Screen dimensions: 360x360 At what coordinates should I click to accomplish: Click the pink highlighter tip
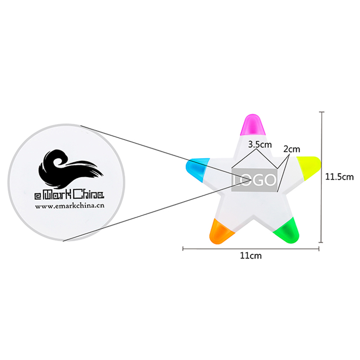tap(252, 125)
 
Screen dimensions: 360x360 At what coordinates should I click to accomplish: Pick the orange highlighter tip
tap(221, 232)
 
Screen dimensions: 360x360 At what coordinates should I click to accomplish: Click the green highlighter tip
tap(287, 230)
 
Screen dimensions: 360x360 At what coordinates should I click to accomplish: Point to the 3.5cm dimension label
tap(260, 144)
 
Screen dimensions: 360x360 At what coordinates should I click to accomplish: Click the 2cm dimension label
tap(292, 149)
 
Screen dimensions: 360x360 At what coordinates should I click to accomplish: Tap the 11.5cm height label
tap(340, 177)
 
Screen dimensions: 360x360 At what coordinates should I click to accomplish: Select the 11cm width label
tap(251, 256)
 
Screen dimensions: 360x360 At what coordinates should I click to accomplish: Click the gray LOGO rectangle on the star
tap(254, 180)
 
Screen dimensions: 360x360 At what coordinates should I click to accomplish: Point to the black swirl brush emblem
tap(71, 168)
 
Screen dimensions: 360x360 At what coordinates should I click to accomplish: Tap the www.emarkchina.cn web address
tap(70, 206)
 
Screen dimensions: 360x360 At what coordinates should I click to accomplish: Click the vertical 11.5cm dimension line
tap(322, 177)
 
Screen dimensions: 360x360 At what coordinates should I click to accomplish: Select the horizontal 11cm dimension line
tap(251, 248)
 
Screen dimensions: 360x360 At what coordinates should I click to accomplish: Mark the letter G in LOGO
tap(258, 180)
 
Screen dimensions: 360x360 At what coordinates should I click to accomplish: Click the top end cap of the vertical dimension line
tap(322, 112)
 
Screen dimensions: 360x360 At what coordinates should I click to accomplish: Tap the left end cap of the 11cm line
tap(183, 248)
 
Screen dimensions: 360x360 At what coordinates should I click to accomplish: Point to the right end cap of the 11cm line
tap(319, 248)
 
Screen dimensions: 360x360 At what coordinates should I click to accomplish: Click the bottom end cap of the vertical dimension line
tap(322, 242)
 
